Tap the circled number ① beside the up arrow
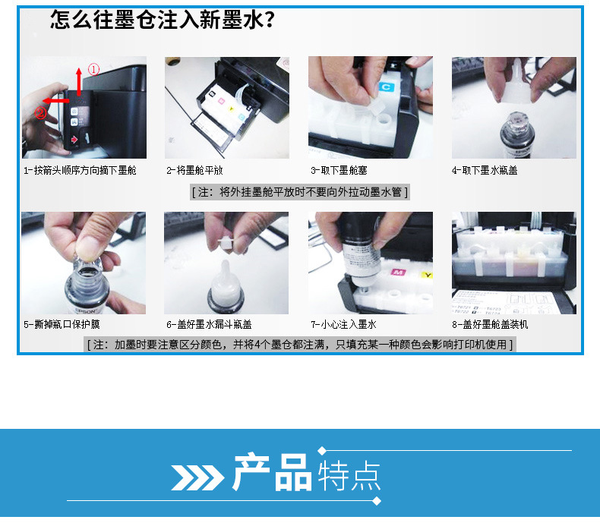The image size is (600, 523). [x=93, y=70]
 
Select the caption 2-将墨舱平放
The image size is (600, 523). [x=195, y=171]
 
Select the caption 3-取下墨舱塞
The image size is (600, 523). [x=339, y=171]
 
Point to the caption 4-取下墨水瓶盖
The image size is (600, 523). [x=485, y=171]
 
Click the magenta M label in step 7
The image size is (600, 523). [x=397, y=271]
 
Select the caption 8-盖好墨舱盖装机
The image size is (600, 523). [x=490, y=325]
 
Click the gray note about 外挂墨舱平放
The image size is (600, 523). [x=300, y=192]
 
